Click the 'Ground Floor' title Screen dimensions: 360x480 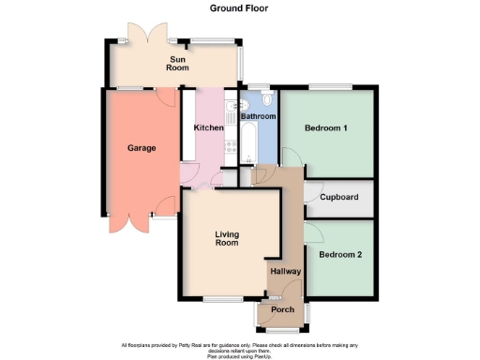pos(239,7)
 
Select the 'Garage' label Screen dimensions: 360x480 pos(142,148)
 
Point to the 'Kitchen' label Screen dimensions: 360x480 pos(208,127)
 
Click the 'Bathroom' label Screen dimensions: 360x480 pos(258,116)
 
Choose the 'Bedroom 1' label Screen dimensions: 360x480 pos(326,128)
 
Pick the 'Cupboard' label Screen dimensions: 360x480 pos(338,198)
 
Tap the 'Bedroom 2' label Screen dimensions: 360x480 pos(339,254)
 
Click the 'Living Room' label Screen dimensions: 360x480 pos(228,239)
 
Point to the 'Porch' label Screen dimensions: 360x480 pos(282,309)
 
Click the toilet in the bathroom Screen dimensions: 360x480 pos(267,99)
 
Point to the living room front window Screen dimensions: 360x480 pos(223,299)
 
